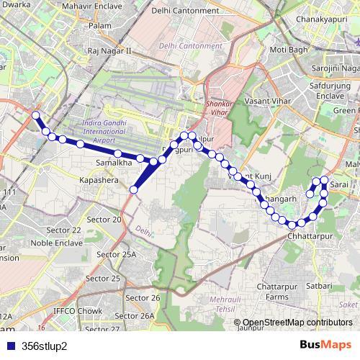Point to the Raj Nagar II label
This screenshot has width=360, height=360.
click(109, 51)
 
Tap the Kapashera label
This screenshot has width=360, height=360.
click(99, 181)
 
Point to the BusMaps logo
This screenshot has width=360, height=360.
click(326, 345)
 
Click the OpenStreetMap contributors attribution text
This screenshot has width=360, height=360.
click(297, 322)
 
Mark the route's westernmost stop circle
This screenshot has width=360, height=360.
click(36, 115)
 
